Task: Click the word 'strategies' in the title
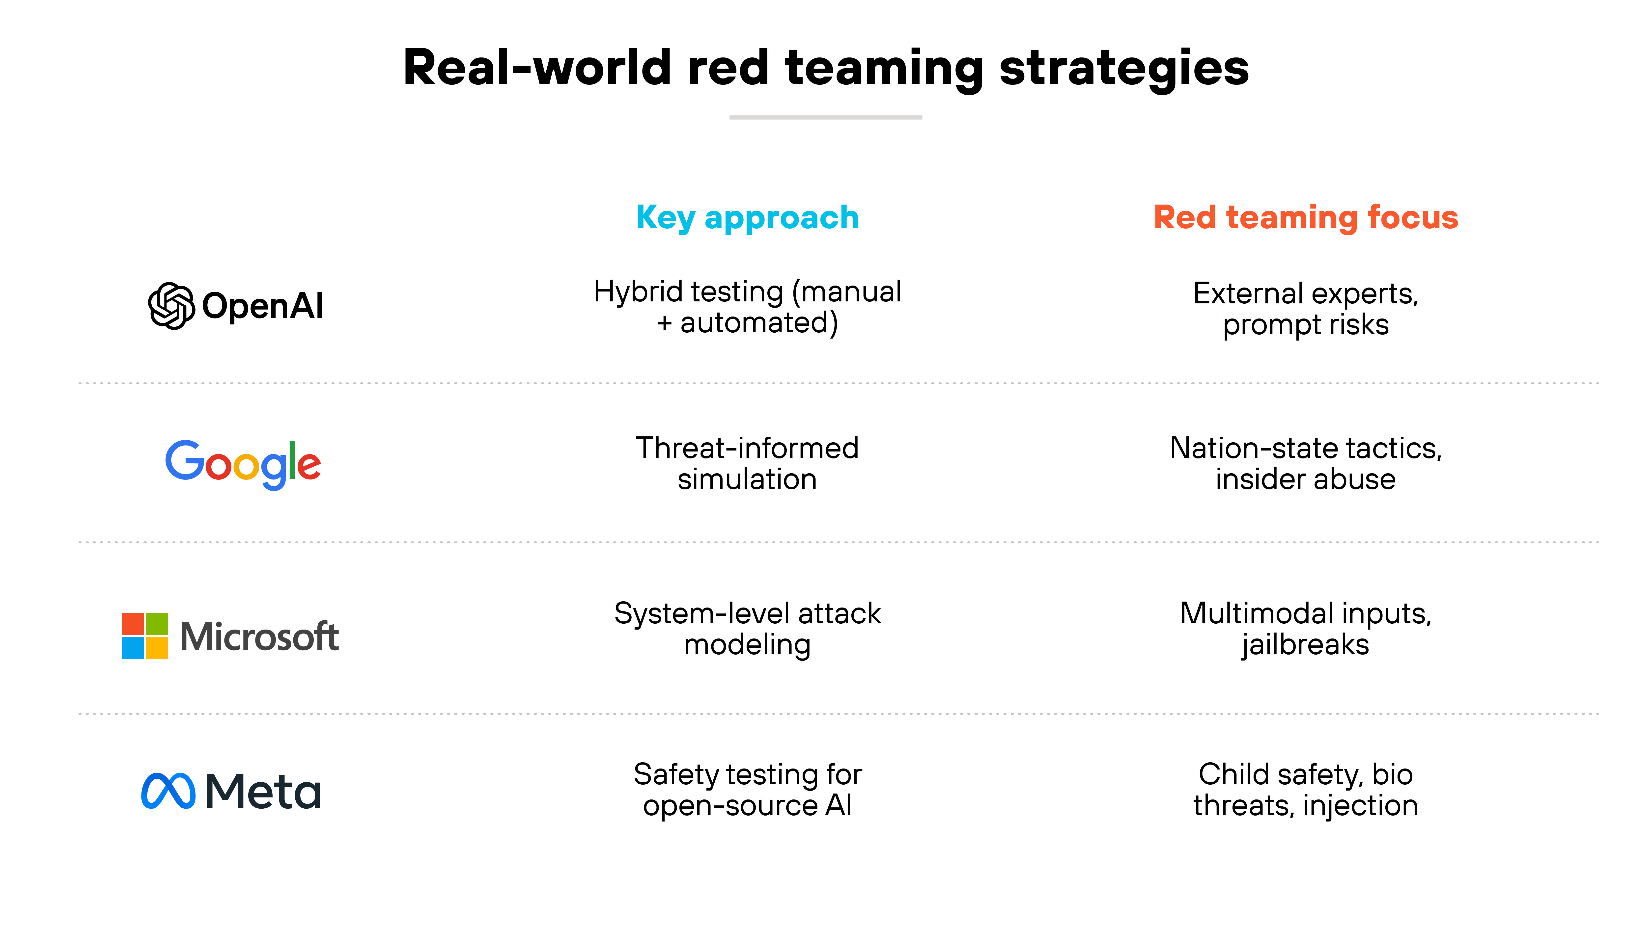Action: [1123, 68]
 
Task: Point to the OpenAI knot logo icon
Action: [171, 306]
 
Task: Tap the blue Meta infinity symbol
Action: [168, 791]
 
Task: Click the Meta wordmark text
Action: [263, 791]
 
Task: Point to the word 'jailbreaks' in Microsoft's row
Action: [1306, 645]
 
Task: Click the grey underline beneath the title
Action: [825, 117]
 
